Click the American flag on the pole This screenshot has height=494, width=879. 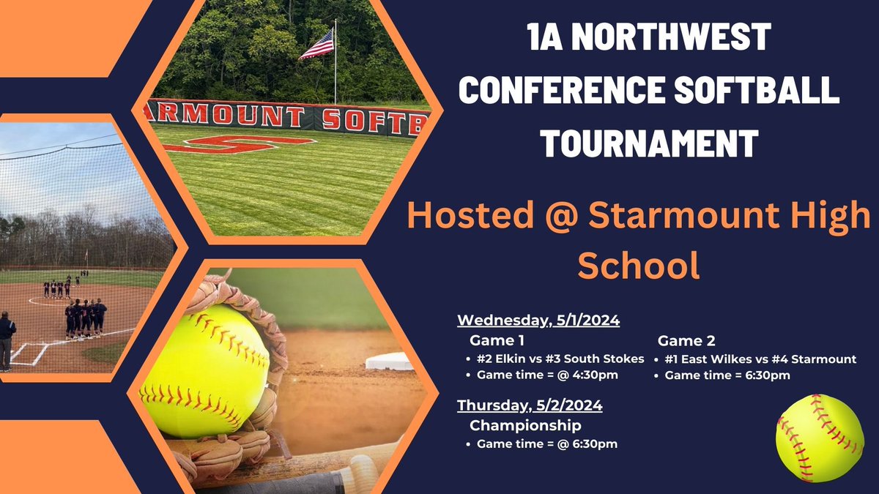tap(316, 45)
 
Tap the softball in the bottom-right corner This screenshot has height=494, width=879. tap(820, 438)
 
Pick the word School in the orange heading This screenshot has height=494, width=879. tap(639, 266)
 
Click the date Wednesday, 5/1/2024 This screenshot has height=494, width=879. tap(538, 321)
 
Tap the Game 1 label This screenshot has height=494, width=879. tap(497, 340)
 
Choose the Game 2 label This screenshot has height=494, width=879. tap(686, 340)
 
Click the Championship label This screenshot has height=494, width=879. tap(525, 424)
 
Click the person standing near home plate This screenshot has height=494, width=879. tap(7, 340)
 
